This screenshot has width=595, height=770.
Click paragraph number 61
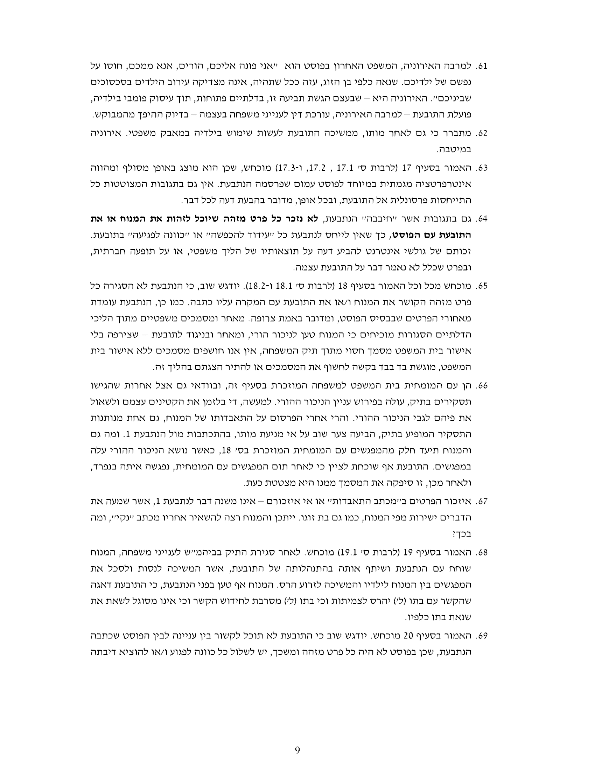pyautogui.click(x=482, y=66)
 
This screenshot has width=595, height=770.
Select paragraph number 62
pyautogui.click(x=482, y=133)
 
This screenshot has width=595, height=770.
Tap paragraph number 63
pyautogui.click(x=482, y=168)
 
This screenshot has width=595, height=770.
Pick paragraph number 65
pyautogui.click(x=482, y=286)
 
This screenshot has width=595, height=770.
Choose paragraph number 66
pyautogui.click(x=482, y=386)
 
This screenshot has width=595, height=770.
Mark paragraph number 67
pyautogui.click(x=482, y=501)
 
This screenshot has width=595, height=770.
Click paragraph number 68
pyautogui.click(x=482, y=552)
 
